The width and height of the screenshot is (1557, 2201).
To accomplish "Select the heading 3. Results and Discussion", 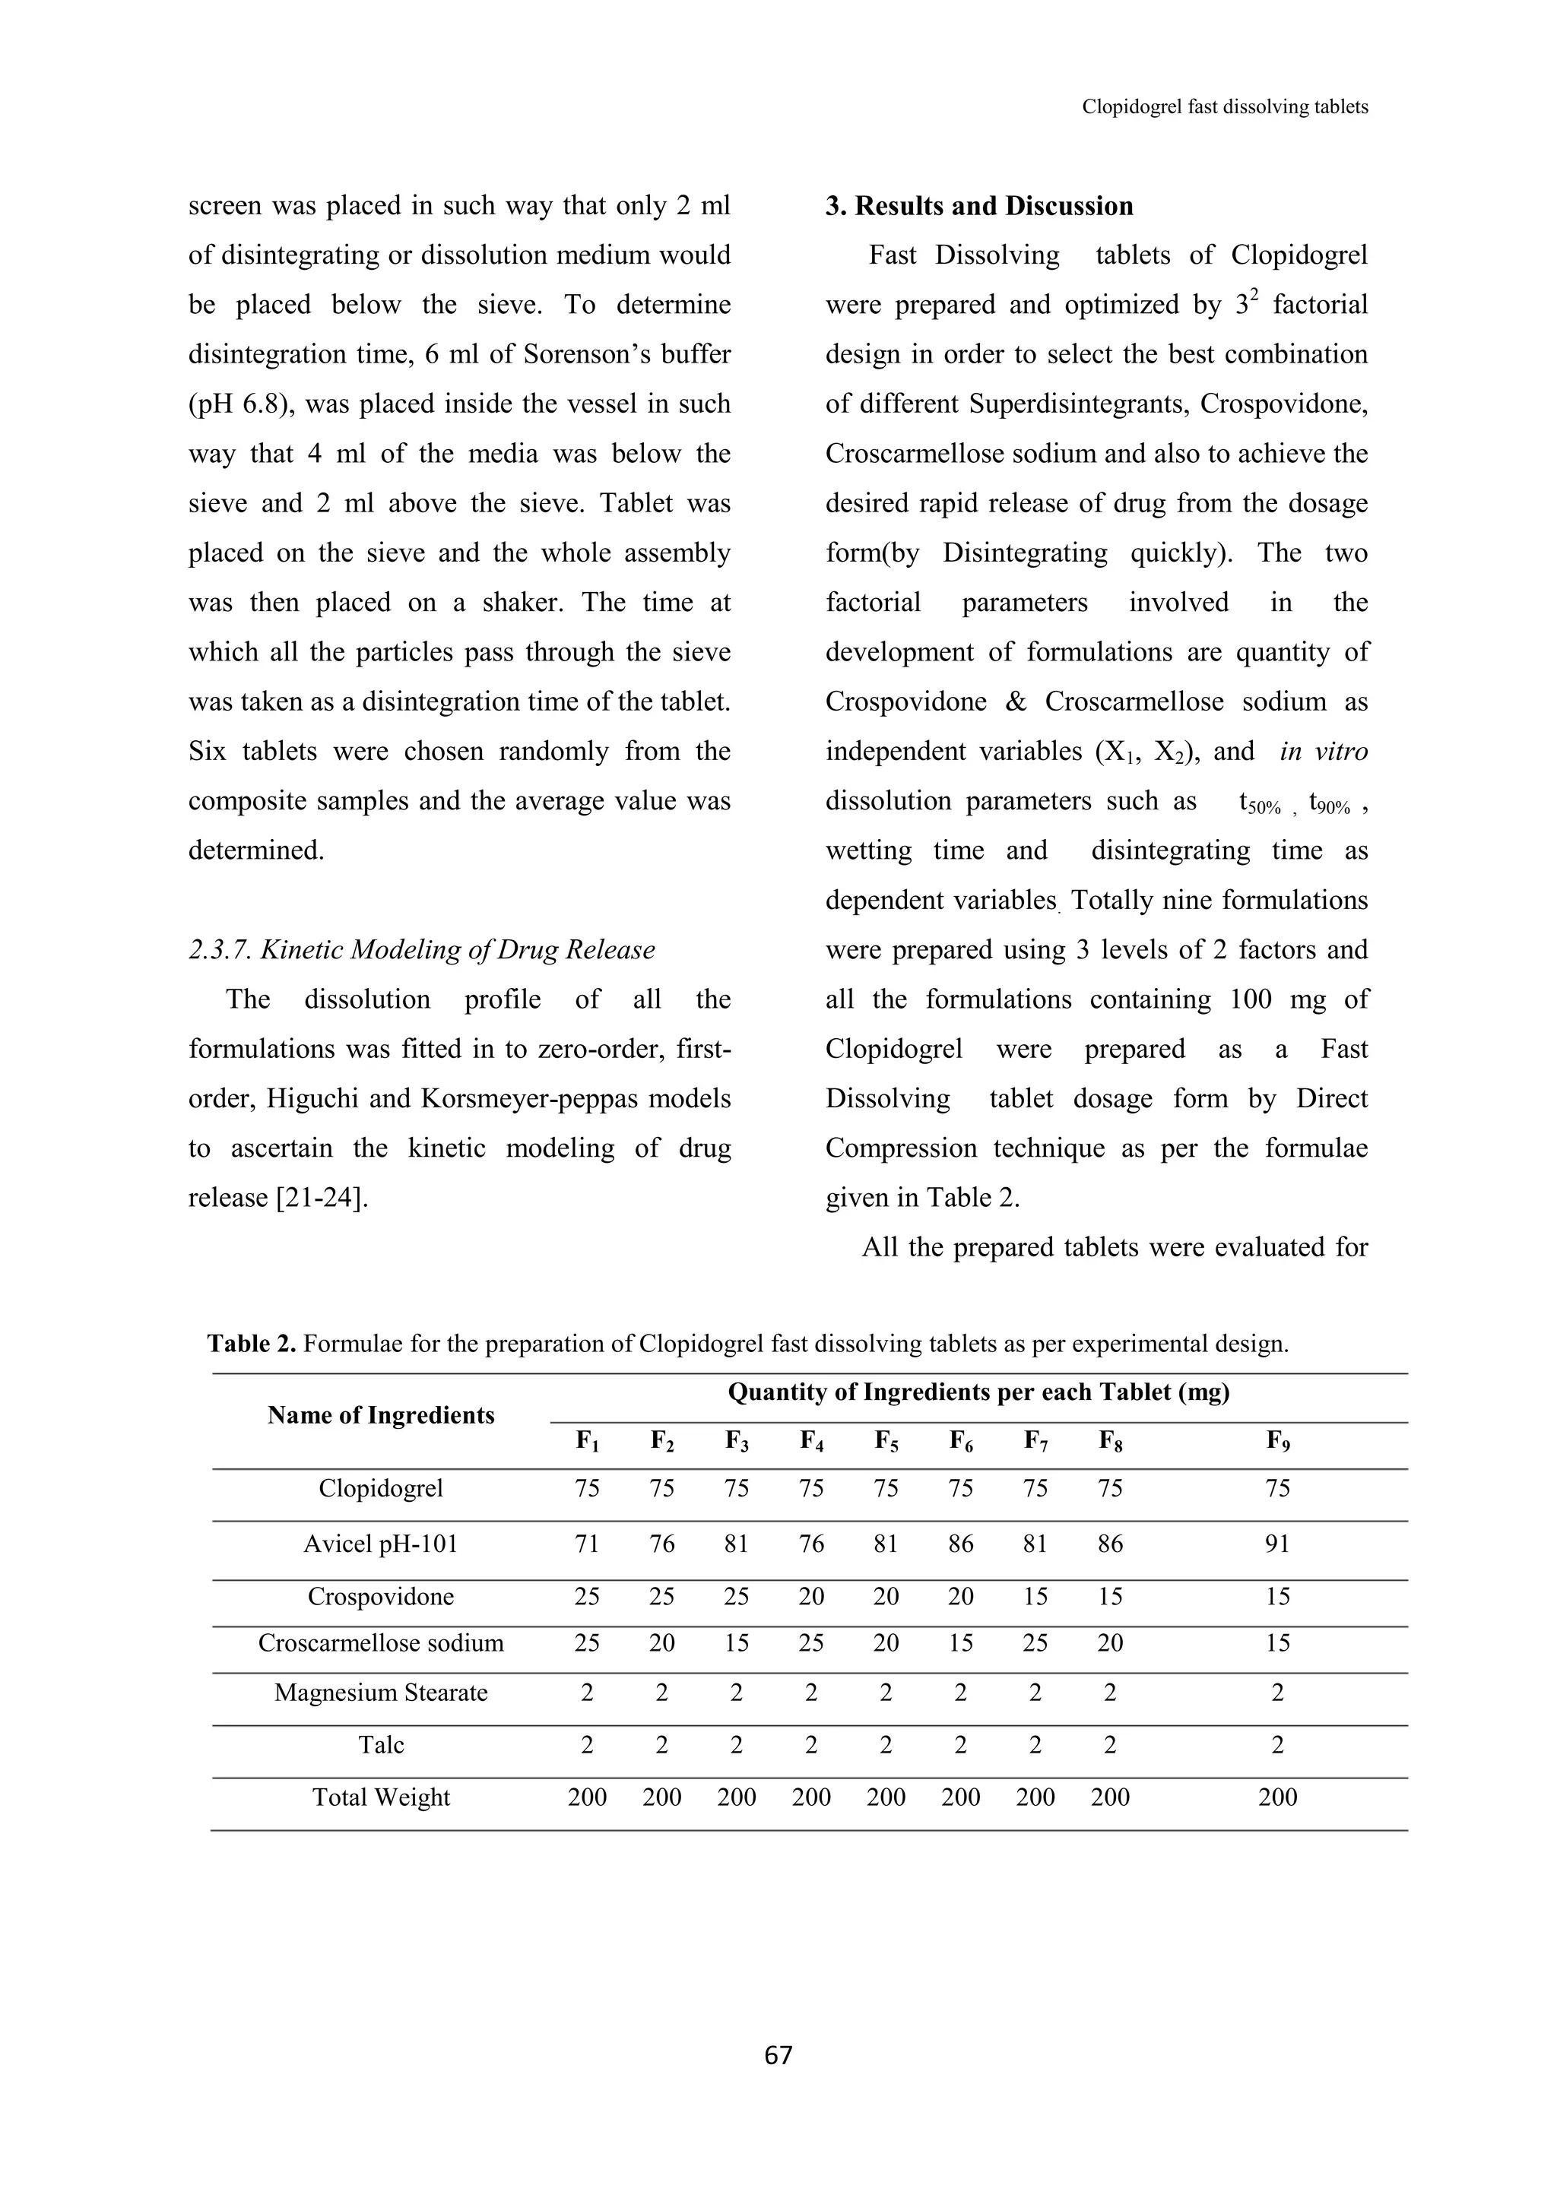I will (979, 206).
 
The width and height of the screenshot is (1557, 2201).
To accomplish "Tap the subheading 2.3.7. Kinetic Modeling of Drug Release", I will (422, 950).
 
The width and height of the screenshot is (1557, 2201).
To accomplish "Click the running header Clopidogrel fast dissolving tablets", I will (1224, 107).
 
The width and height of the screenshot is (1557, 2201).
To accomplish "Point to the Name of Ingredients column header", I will (381, 1416).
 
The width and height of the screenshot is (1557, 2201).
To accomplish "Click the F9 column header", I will (1278, 1441).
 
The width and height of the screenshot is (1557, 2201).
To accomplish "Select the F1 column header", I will (587, 1441).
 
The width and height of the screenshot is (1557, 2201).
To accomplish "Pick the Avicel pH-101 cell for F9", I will (1278, 1544).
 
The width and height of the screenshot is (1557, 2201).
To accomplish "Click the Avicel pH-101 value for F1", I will (587, 1544).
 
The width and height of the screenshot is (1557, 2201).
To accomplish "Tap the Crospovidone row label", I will (381, 1597).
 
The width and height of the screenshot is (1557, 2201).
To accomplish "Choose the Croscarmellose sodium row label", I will (381, 1643).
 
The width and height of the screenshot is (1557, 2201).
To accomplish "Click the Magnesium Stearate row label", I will (381, 1693).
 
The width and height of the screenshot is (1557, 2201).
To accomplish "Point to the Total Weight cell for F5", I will (886, 1797).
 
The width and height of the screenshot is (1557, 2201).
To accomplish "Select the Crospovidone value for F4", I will (811, 1597).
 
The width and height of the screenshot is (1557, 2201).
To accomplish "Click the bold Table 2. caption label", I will (252, 1344).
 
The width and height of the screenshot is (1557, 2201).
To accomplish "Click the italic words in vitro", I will (1323, 752).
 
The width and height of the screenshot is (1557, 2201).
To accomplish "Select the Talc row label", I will (381, 1745).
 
